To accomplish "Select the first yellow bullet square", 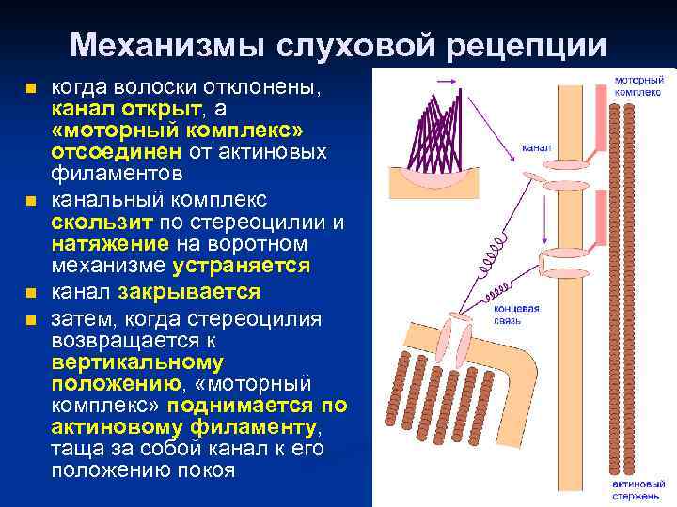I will tap(32, 90).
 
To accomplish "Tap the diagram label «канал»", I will tap(535, 148).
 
